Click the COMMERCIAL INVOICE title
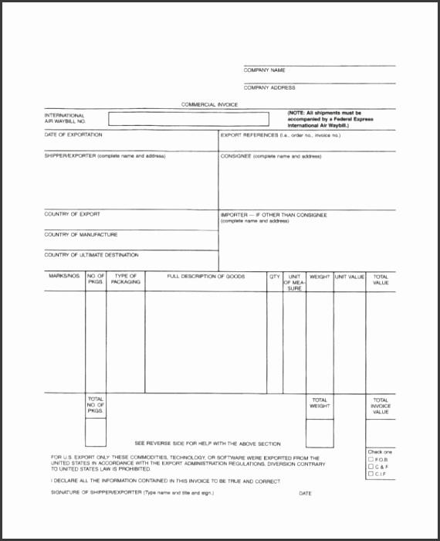(x=209, y=104)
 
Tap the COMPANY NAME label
(x=265, y=70)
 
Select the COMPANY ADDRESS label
(x=269, y=88)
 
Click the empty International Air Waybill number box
(x=188, y=119)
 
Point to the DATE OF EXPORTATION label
(x=73, y=135)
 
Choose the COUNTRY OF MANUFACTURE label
(x=81, y=235)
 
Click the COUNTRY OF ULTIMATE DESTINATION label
(x=91, y=255)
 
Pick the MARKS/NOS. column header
(x=64, y=276)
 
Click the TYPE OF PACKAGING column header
(x=125, y=279)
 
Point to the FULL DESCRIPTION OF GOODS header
(x=205, y=276)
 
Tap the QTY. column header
(x=275, y=276)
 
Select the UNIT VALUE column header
(x=349, y=276)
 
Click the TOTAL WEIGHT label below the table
(x=320, y=403)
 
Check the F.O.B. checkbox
(x=371, y=459)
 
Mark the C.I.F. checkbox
(x=371, y=474)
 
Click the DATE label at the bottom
(x=306, y=493)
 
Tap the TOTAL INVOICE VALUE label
(x=381, y=407)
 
